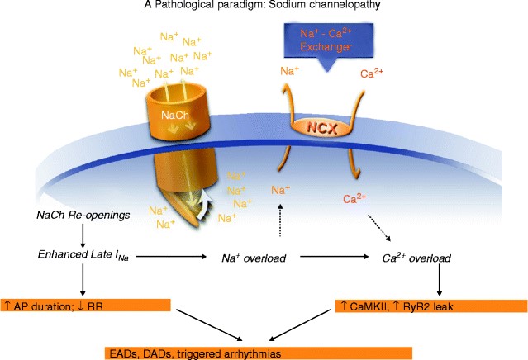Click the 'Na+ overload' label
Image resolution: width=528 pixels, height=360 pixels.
click(x=254, y=258)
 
